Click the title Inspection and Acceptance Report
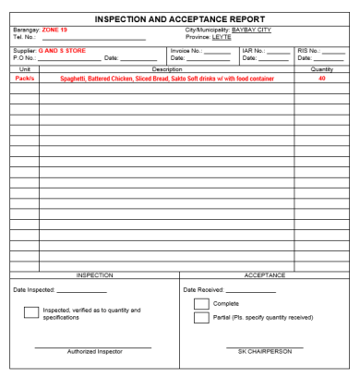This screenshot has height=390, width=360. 179,18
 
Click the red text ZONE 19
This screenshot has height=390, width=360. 54,30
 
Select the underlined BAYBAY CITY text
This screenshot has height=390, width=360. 251,30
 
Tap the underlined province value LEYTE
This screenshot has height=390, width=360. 222,37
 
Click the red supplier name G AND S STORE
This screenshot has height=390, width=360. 62,51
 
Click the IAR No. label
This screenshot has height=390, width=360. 253,51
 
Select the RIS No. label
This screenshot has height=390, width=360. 308,51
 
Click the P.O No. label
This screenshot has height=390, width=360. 24,58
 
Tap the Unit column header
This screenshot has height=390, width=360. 25,69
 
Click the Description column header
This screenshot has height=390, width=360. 167,69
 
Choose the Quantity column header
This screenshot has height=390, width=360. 322,69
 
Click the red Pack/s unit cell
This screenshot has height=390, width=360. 25,79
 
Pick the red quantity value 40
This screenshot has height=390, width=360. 322,79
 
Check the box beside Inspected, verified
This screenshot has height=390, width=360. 30,312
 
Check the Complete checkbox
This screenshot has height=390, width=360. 201,304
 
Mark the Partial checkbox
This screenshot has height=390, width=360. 201,318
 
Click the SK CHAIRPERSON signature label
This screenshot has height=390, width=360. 265,351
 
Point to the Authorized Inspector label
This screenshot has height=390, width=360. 93,351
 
